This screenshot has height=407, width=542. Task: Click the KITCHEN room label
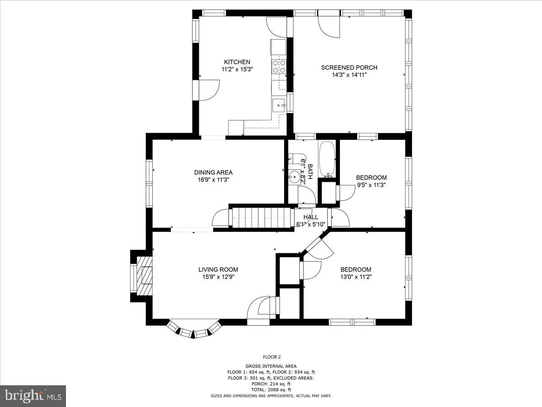tap(237, 62)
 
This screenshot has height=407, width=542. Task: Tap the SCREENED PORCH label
tap(349, 67)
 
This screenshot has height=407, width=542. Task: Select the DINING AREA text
tap(213, 172)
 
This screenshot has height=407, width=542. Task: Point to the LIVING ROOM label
tap(218, 270)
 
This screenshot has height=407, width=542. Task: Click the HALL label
tap(311, 217)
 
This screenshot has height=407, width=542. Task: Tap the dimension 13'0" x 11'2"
tap(356, 277)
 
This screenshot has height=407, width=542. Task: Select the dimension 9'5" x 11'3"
tap(371, 185)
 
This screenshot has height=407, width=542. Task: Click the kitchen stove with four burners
tap(279, 67)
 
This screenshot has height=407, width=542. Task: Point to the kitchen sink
tap(279, 105)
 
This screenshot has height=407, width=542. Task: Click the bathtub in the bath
tap(327, 159)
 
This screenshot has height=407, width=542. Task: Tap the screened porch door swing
tap(329, 26)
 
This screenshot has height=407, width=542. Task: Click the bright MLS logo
tap(33, 396)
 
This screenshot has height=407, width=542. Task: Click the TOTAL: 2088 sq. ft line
tap(271, 389)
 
